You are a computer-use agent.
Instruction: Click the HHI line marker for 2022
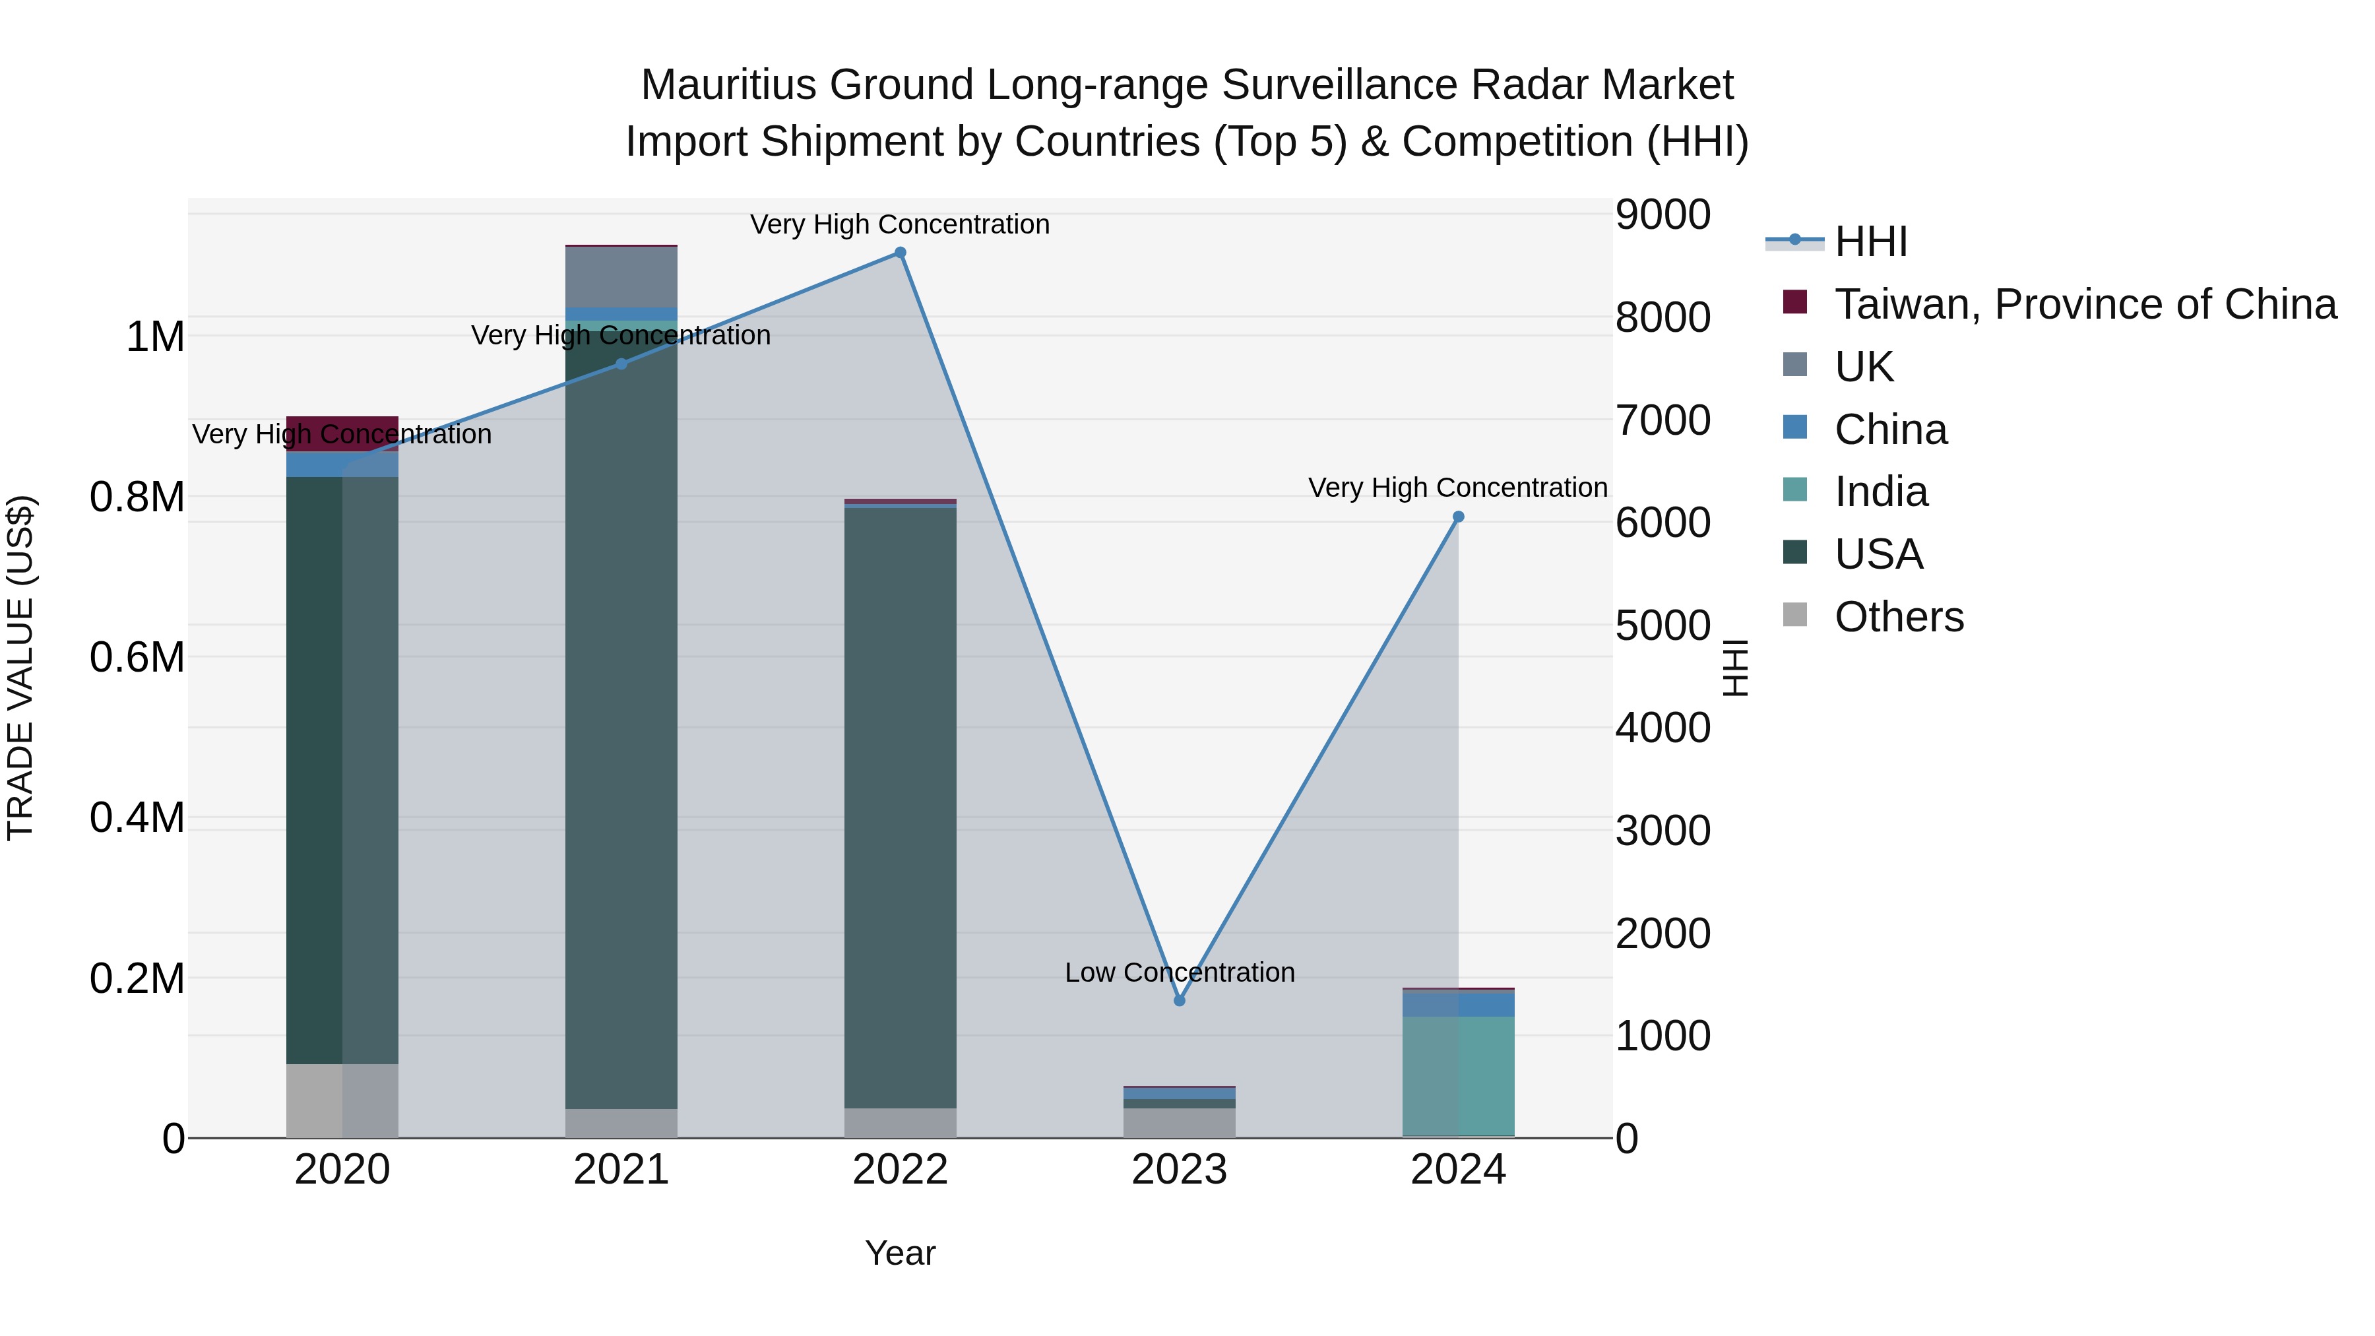[x=900, y=253]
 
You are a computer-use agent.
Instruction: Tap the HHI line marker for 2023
[x=1179, y=1000]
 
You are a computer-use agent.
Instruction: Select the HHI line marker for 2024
[x=1457, y=517]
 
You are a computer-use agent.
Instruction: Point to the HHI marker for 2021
[x=621, y=364]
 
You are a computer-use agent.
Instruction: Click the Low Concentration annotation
[x=1179, y=972]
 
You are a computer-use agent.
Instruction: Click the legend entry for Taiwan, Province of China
[x=2083, y=304]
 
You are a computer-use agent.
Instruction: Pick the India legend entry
[x=1880, y=492]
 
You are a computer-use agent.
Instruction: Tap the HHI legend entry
[x=1870, y=241]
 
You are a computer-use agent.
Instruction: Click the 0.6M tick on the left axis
[x=137, y=657]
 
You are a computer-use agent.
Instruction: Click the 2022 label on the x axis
[x=900, y=1170]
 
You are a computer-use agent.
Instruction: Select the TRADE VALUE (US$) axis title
[x=20, y=668]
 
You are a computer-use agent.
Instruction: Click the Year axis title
[x=900, y=1253]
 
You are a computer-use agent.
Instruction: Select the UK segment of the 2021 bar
[x=621, y=276]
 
